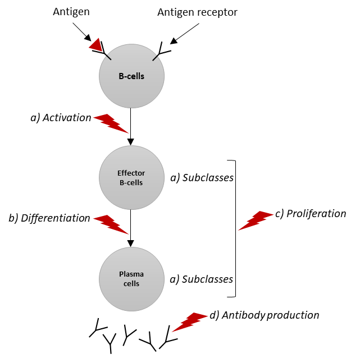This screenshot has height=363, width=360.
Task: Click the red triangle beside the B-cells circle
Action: (96, 45)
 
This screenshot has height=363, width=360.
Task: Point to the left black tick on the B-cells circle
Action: (108, 57)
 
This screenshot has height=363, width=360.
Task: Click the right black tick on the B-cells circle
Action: (155, 58)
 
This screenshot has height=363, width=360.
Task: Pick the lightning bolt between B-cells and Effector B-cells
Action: (111, 123)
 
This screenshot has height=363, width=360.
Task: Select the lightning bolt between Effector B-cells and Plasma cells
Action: (111, 224)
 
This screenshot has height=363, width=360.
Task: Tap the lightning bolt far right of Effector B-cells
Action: (256, 220)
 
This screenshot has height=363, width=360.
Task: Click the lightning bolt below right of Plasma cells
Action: (190, 322)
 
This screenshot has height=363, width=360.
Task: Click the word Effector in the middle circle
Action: (131, 173)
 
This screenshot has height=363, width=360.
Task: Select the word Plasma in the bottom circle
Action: (131, 274)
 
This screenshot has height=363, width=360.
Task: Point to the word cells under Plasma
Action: (131, 284)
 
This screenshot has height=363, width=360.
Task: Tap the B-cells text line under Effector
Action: (131, 182)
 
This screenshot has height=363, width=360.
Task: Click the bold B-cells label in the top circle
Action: (131, 76)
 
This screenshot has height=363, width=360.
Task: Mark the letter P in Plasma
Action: (121, 274)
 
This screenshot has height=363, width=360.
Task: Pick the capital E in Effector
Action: (120, 173)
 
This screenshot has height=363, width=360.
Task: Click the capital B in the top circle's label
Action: (121, 76)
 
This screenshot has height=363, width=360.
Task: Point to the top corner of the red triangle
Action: (98, 38)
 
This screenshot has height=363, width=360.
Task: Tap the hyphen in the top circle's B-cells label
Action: (126, 76)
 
